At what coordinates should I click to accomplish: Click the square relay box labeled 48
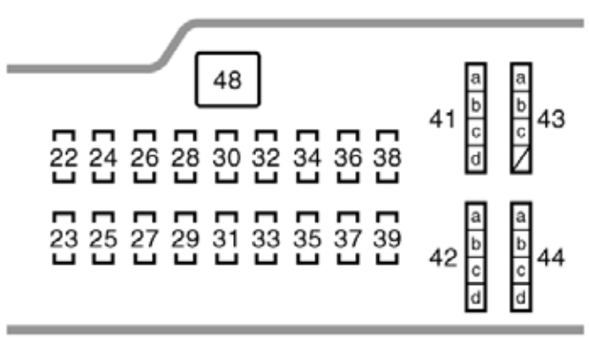(x=227, y=80)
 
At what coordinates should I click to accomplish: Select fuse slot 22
(x=62, y=158)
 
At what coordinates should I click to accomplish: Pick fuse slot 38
(x=386, y=158)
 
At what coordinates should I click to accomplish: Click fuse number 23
(x=62, y=238)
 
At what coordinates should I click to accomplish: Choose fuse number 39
(x=386, y=238)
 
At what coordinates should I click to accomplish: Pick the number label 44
(x=551, y=258)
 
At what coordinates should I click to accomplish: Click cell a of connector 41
(x=475, y=79)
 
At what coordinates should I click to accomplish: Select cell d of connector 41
(x=475, y=160)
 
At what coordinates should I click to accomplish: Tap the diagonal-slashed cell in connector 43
(x=521, y=160)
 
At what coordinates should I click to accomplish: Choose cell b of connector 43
(x=521, y=106)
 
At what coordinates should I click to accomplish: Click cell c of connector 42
(x=475, y=270)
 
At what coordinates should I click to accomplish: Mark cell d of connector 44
(x=521, y=297)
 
